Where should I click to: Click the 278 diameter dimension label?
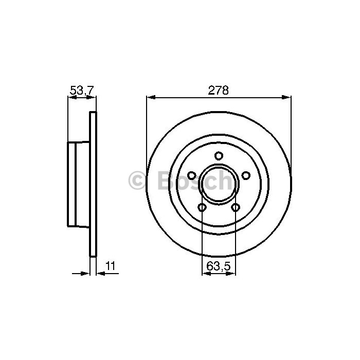tap(219, 91)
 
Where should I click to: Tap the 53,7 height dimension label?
tap(82, 91)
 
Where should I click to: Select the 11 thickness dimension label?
tap(111, 266)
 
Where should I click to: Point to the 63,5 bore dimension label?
tap(218, 266)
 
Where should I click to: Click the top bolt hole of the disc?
tap(219, 156)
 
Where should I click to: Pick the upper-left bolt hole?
tap(192, 176)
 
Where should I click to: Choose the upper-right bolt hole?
tap(246, 176)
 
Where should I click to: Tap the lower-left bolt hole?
tap(202, 208)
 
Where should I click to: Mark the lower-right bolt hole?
tap(236, 208)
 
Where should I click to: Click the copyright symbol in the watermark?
tap(137, 181)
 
